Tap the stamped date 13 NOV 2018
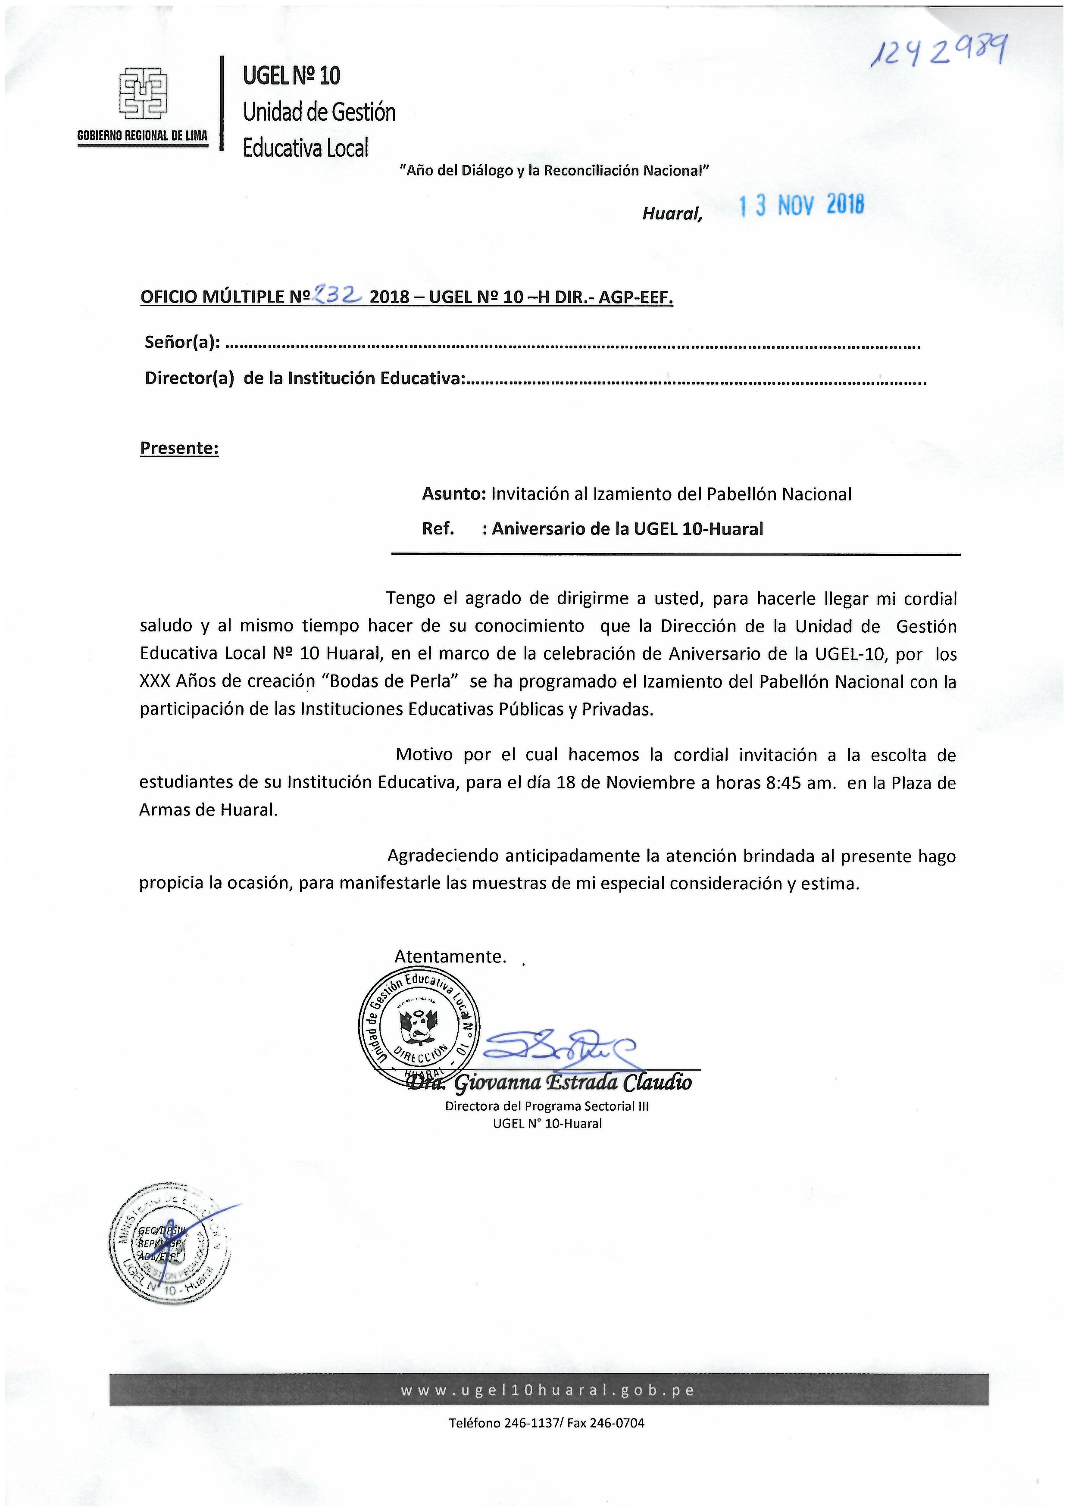tap(801, 206)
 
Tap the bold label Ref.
tap(438, 529)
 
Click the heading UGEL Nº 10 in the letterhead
tap(292, 76)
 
